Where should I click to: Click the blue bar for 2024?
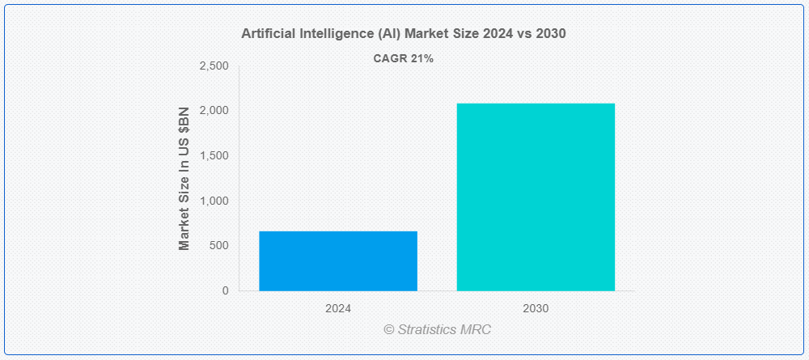[x=338, y=261]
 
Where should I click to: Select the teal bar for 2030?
[x=536, y=197]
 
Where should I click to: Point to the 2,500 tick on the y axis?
[x=214, y=66]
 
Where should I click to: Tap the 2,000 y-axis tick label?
[x=214, y=111]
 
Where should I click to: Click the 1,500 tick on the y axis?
[x=214, y=156]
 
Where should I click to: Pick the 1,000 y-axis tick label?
[x=214, y=201]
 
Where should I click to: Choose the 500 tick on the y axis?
[x=219, y=245]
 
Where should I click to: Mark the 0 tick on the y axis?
[x=226, y=290]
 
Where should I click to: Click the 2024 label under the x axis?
[x=338, y=309]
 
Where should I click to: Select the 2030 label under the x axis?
[x=536, y=309]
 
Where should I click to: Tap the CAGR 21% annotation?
[x=404, y=59]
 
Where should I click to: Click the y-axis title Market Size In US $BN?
[x=184, y=179]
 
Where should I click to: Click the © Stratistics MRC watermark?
[x=437, y=329]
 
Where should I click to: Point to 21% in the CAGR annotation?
[x=422, y=59]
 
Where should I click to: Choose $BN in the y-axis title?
[x=184, y=120]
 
